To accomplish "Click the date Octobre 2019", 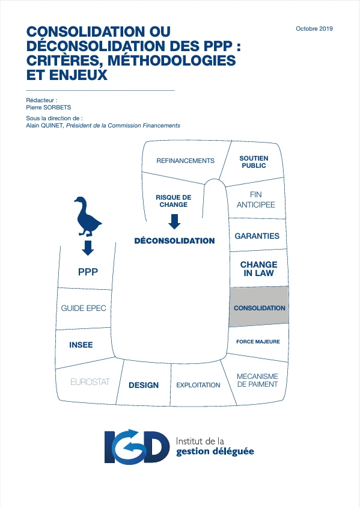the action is [x=314, y=28].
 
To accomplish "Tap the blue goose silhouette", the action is [x=87, y=217].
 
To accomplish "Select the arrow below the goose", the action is [x=88, y=248].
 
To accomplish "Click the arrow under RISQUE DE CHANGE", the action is [x=174, y=222].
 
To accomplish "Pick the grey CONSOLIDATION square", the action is [x=259, y=306].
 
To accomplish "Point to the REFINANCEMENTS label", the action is [x=185, y=161].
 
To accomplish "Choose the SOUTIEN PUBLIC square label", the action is [x=254, y=162].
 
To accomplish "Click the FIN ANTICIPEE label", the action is [x=255, y=200].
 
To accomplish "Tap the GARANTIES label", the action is [x=257, y=236].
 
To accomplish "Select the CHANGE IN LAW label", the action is [x=258, y=269].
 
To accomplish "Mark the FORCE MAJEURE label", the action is [x=258, y=342].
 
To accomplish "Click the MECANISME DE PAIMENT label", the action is [x=258, y=380].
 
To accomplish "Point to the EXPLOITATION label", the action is [x=198, y=385].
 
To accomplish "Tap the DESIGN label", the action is [x=144, y=385].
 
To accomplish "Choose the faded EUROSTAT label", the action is [x=90, y=382].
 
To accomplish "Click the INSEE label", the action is [x=81, y=345].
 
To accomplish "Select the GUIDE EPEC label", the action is [x=84, y=308].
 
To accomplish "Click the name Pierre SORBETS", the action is [x=49, y=107].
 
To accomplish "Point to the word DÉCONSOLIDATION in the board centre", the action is [x=174, y=241].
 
